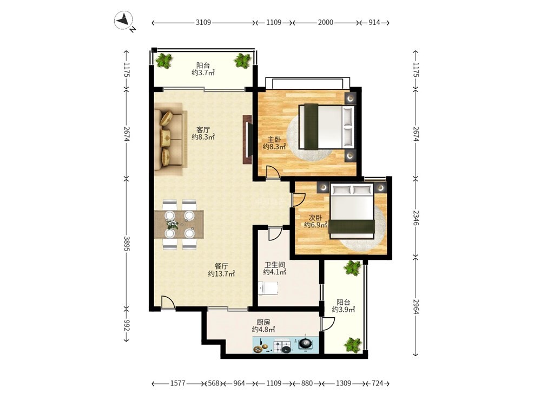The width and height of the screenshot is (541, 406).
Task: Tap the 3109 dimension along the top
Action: (x=203, y=23)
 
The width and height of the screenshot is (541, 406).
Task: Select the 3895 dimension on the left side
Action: (x=127, y=244)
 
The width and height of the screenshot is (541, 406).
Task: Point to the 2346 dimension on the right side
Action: (x=415, y=218)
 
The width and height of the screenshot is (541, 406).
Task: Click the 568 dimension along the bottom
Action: (x=214, y=383)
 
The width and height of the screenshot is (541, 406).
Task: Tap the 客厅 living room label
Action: (x=203, y=130)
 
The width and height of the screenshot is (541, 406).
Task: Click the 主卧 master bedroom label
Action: (x=274, y=140)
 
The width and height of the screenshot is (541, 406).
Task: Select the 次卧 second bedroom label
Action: (x=315, y=218)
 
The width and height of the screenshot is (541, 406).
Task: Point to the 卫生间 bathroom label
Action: (x=275, y=265)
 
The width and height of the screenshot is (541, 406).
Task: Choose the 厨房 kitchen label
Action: (x=263, y=322)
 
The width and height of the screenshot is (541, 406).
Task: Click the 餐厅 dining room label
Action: (x=221, y=266)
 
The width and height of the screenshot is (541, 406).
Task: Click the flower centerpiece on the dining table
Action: (x=172, y=224)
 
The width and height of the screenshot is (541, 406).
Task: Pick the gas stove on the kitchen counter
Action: (x=282, y=346)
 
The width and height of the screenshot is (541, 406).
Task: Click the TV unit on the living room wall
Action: (x=248, y=140)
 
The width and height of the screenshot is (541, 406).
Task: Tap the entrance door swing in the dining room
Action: (x=168, y=303)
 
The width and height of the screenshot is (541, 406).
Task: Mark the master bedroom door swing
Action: (x=273, y=172)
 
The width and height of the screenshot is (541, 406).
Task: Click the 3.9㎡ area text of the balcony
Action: (x=344, y=310)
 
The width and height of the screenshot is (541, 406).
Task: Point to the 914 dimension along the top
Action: (x=374, y=23)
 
